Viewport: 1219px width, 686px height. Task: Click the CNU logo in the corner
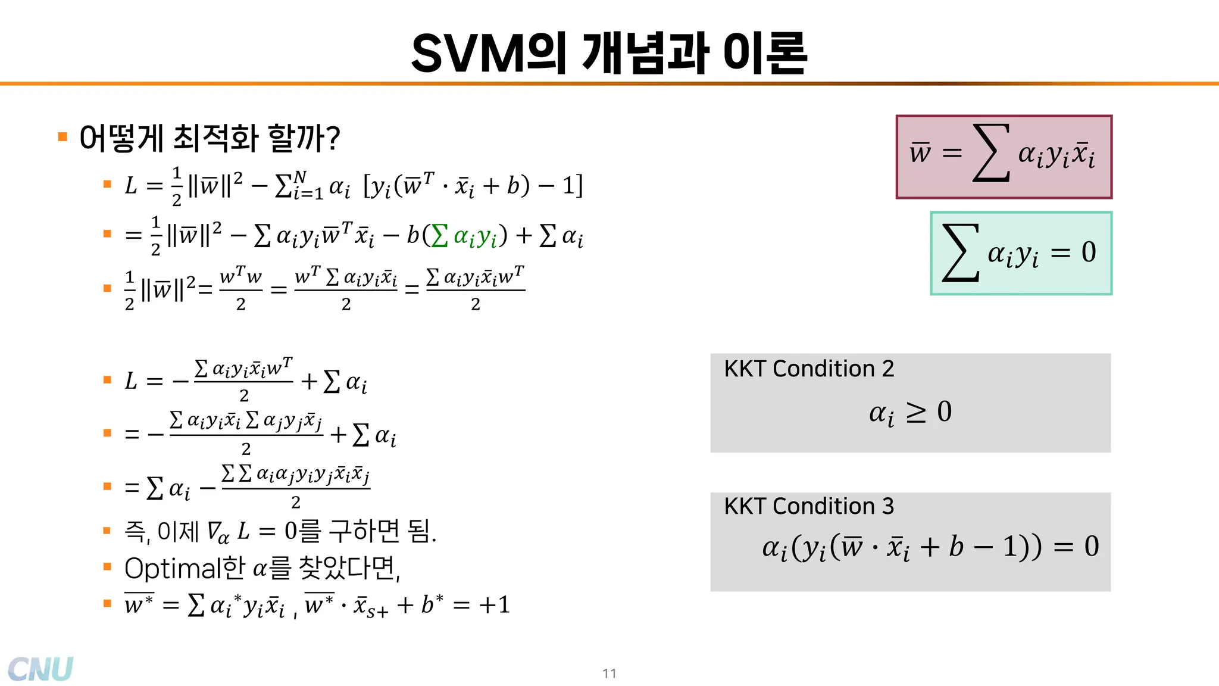point(40,669)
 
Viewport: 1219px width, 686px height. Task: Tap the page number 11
point(609,673)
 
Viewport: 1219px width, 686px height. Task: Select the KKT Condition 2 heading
point(809,369)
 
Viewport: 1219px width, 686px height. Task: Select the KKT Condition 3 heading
point(809,507)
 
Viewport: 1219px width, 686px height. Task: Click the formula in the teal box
point(1020,253)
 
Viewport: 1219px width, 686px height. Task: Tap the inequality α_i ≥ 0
point(911,412)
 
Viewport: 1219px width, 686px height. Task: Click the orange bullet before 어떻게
point(62,138)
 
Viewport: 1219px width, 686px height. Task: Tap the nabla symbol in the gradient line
point(213,530)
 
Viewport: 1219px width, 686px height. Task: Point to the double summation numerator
point(296,475)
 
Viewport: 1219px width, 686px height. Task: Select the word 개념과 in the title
point(645,54)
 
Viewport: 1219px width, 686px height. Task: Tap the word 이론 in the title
point(765,54)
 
